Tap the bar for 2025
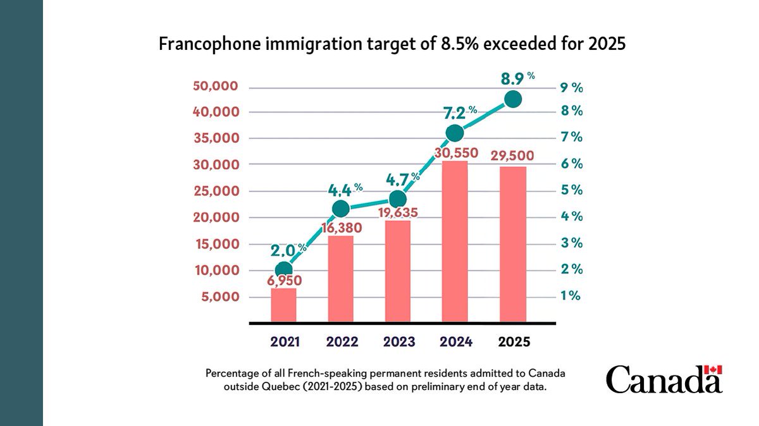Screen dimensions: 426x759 [x=513, y=245]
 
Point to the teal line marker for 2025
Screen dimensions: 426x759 [x=513, y=99]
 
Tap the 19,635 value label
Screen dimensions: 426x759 [x=398, y=212]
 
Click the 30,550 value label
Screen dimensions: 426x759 [x=455, y=153]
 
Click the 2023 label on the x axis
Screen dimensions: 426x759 [x=399, y=342]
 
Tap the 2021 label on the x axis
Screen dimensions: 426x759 [x=285, y=342]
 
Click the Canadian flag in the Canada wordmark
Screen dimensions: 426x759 [x=713, y=370]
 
